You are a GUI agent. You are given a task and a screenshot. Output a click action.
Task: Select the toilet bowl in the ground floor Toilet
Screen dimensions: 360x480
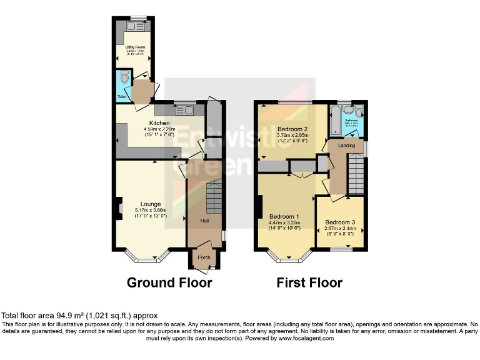(x=124, y=78)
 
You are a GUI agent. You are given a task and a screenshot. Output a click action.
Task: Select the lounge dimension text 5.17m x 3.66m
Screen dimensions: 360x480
(x=151, y=210)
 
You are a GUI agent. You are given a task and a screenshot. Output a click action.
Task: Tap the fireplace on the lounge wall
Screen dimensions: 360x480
(x=119, y=209)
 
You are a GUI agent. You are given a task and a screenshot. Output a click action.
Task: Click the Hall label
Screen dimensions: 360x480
(x=204, y=221)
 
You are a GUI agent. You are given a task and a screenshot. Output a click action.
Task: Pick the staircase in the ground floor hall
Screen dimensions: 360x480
(x=212, y=197)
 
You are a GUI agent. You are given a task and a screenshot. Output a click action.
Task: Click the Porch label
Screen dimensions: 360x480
(x=204, y=257)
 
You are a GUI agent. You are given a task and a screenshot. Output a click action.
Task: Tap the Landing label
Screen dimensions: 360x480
(x=346, y=146)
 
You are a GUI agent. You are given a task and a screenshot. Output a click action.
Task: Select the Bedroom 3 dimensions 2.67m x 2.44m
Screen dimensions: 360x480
(x=340, y=229)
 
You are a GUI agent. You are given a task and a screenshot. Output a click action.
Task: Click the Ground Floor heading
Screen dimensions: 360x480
(x=169, y=282)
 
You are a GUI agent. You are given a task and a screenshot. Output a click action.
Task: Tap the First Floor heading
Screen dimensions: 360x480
(x=309, y=282)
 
